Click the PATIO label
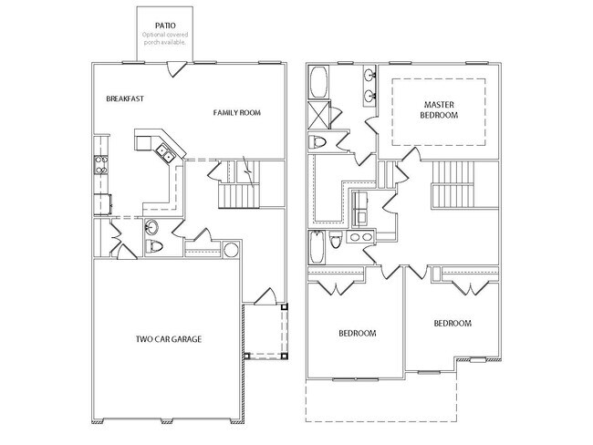(x=164, y=26)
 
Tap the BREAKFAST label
(x=125, y=98)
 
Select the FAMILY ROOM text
(x=237, y=112)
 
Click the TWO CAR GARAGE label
(x=169, y=339)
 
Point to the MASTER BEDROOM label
(x=438, y=109)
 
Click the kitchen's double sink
(x=165, y=152)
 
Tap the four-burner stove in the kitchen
(x=99, y=166)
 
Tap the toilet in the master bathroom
(x=318, y=143)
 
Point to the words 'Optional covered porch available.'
(x=164, y=38)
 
